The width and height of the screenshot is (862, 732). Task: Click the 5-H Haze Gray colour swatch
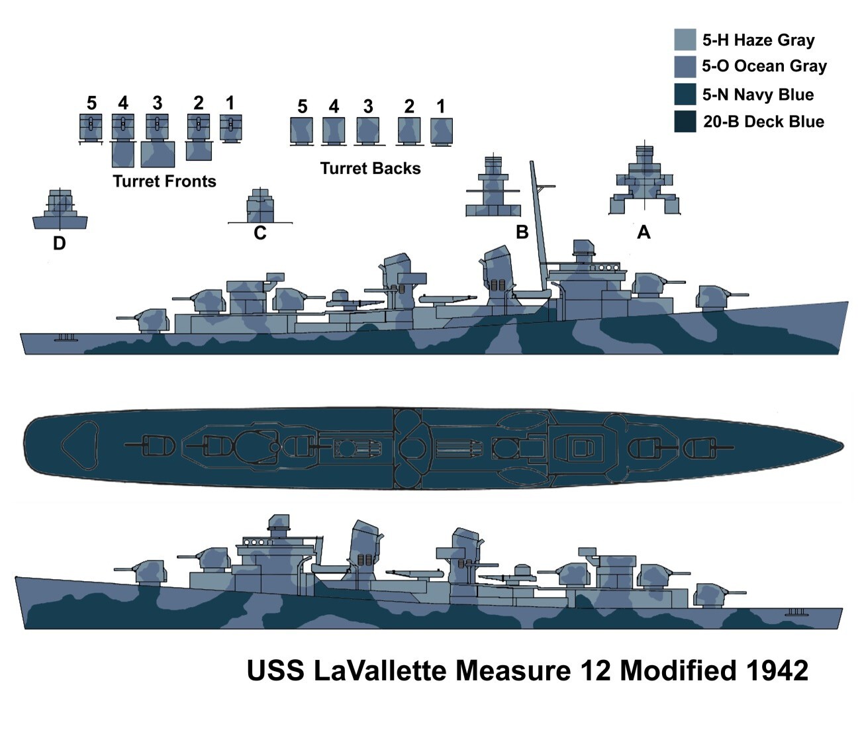pos(685,40)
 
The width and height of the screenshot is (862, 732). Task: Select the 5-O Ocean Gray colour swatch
pos(685,67)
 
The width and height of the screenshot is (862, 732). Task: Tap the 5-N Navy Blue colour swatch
pos(685,94)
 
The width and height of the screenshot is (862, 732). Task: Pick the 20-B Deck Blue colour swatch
pos(685,122)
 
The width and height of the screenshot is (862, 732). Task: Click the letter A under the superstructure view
pos(643,233)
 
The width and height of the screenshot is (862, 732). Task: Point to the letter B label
pos(522,233)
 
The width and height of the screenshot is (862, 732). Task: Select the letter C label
pos(260,234)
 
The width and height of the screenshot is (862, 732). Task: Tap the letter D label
pos(59,244)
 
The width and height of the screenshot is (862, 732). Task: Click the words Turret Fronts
pos(164,181)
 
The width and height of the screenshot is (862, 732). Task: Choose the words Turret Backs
pos(370,169)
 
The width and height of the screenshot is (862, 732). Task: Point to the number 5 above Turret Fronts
pos(91,103)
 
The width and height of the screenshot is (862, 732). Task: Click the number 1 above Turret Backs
pos(441,106)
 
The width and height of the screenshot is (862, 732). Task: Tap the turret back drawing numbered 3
pos(367,130)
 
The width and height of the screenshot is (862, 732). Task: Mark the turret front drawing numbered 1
pos(230,127)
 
